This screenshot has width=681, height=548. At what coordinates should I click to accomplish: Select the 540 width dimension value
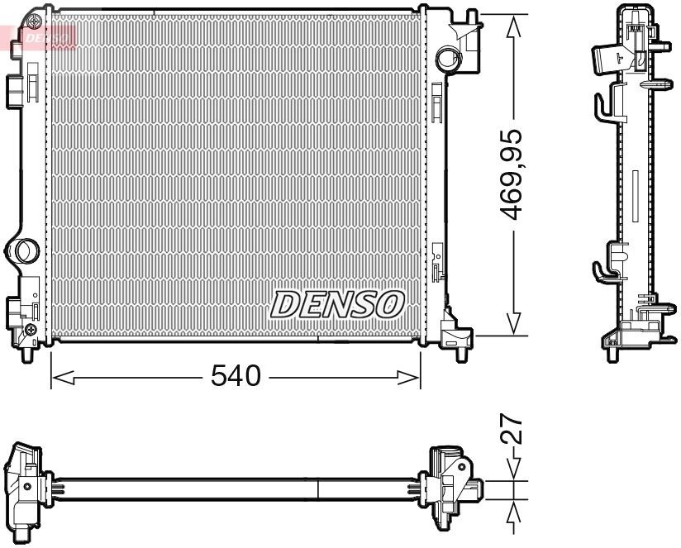click(236, 376)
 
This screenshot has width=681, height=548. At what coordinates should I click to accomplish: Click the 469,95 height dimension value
click(514, 175)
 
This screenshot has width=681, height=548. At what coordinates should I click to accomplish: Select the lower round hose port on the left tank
click(22, 250)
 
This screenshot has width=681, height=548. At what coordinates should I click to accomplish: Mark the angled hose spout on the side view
click(610, 56)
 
